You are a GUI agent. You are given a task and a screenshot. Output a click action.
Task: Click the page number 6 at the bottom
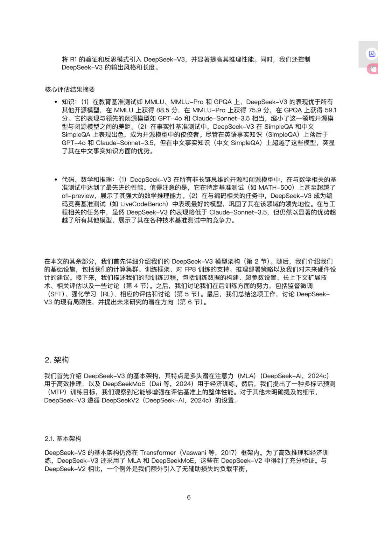(x=189, y=497)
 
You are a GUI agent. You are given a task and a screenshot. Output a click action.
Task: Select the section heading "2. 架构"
(x=57, y=360)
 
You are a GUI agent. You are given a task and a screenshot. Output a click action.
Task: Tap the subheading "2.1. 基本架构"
(x=63, y=438)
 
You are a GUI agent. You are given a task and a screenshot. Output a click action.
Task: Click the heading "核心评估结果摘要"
(x=70, y=89)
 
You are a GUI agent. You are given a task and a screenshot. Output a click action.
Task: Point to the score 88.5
(x=163, y=110)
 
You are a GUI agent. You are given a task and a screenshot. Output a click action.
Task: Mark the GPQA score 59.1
(x=330, y=110)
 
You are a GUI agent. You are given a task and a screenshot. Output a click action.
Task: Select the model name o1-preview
(x=78, y=196)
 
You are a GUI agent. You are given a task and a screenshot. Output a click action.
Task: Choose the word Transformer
(x=158, y=452)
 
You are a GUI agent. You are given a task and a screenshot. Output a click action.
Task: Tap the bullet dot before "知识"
(x=56, y=102)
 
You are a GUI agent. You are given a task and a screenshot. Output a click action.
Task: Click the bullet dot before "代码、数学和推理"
(x=56, y=180)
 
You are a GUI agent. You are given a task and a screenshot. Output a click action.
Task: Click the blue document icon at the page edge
(x=372, y=54)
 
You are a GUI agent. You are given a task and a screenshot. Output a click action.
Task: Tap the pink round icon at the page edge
(x=373, y=69)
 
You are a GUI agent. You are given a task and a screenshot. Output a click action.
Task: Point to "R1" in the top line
(x=73, y=59)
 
